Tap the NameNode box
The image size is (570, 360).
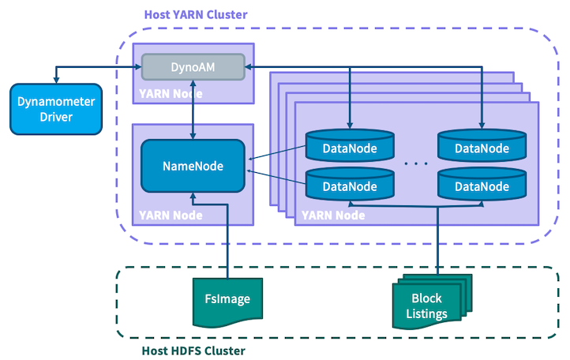coord(193,166)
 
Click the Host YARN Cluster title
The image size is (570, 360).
coord(196,14)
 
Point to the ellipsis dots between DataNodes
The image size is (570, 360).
coord(415,163)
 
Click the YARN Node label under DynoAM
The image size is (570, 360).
coord(171,94)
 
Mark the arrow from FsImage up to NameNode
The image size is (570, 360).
coord(228,237)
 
